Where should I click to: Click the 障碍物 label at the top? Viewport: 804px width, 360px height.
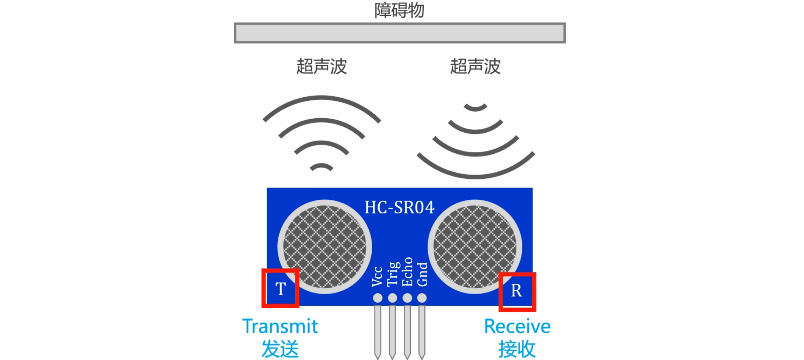tap(399, 10)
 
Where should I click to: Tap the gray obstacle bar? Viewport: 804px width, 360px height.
tap(400, 33)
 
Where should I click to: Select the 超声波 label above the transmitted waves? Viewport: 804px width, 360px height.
tap(322, 66)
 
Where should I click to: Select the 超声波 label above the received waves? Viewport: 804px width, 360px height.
tap(475, 66)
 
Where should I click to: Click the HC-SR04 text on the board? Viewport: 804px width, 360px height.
tap(400, 207)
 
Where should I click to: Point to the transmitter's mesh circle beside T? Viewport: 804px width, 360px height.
tap(325, 247)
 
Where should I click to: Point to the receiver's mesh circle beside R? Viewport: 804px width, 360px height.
tap(475, 247)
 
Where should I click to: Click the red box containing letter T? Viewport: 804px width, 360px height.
tap(281, 288)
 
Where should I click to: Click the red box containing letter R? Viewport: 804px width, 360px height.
tap(517, 292)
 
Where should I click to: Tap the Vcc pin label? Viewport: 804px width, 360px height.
tap(377, 276)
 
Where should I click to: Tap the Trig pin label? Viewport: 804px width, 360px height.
tap(393, 274)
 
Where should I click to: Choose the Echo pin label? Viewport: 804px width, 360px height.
tap(407, 272)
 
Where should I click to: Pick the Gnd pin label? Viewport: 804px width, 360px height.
tap(422, 274)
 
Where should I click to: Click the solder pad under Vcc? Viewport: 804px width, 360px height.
tap(378, 298)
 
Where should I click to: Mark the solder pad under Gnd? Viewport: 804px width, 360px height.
tap(422, 298)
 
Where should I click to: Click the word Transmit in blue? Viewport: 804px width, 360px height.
tap(280, 326)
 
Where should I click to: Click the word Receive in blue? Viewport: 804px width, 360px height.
tap(517, 326)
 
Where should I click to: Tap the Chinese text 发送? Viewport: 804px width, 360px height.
tap(280, 349)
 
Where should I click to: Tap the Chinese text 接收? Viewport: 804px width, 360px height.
tap(517, 349)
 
